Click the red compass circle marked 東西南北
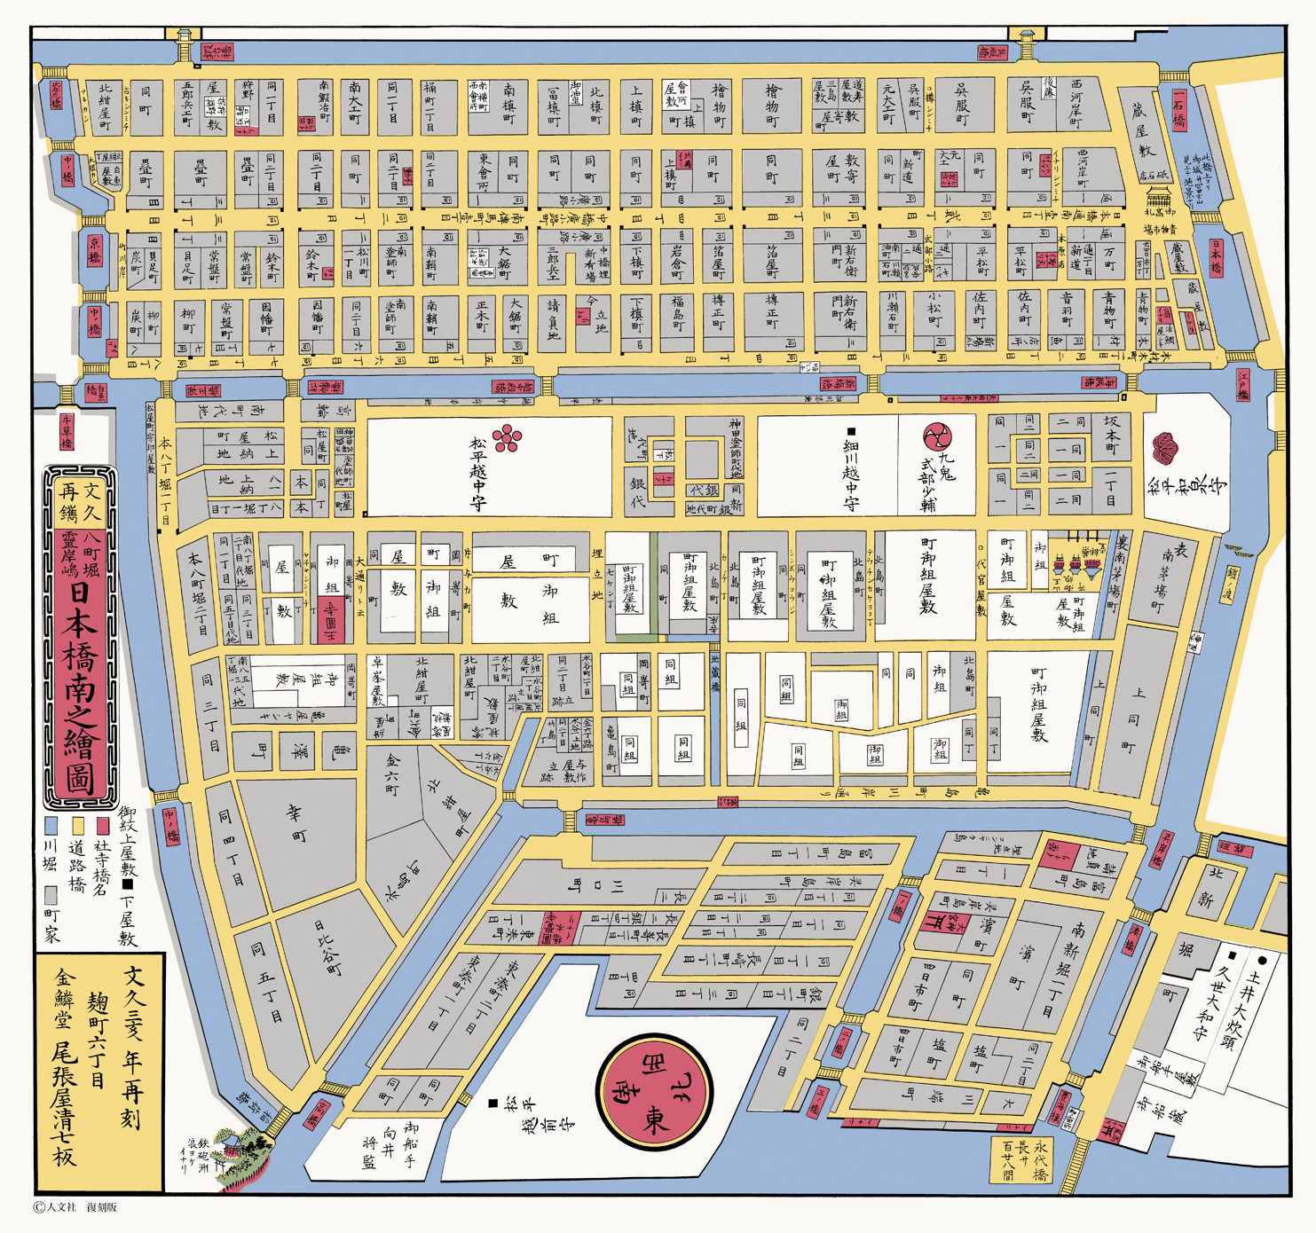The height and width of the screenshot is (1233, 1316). tap(654, 1091)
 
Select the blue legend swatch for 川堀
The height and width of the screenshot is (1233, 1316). tap(51, 826)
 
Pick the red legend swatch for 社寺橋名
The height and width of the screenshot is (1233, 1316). tap(103, 826)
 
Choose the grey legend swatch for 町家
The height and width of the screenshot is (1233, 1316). tap(51, 892)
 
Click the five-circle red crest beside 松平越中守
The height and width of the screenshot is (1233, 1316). tap(508, 438)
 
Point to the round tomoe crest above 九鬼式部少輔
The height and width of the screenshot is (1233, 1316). tap(937, 436)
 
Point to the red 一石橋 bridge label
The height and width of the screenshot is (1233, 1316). tap(1178, 109)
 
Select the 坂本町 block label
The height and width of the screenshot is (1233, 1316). tap(1111, 436)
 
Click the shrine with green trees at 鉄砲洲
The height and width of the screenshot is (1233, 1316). tap(240, 1153)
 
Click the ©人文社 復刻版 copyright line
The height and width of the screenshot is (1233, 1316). tap(75, 1207)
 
